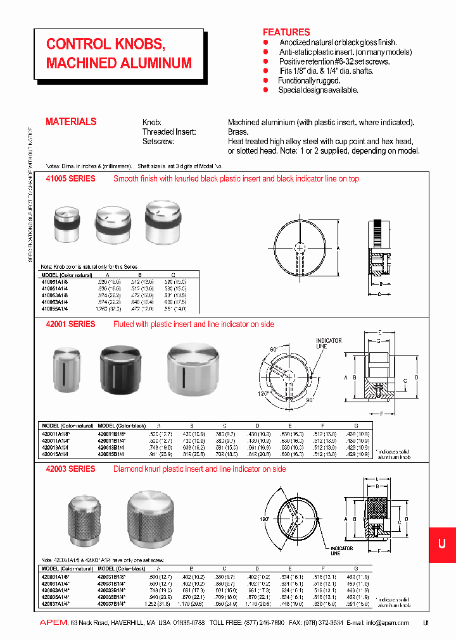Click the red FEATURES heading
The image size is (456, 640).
tap(286, 32)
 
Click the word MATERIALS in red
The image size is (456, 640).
tap(71, 121)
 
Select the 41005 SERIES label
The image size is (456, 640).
tap(70, 179)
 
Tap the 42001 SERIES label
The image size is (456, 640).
tap(70, 324)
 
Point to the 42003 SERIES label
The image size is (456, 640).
tap(70, 469)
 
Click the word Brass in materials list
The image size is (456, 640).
tap(237, 132)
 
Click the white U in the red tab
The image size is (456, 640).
tap(442, 543)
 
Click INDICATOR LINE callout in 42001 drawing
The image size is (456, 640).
tap(329, 343)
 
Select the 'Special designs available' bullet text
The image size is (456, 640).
tap(318, 90)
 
